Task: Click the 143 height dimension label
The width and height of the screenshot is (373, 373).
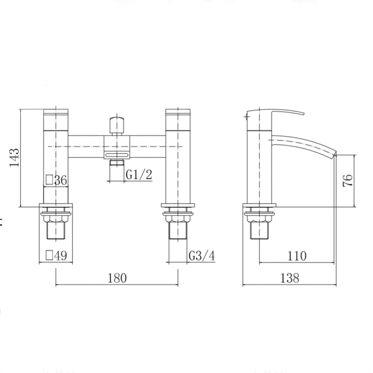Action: pyautogui.click(x=14, y=158)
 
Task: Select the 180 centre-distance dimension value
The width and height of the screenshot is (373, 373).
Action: pyautogui.click(x=117, y=278)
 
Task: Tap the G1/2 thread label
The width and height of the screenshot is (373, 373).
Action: pyautogui.click(x=139, y=174)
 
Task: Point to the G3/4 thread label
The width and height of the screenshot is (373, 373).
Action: pyautogui.click(x=201, y=256)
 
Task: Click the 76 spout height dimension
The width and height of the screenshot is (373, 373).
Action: pyautogui.click(x=347, y=181)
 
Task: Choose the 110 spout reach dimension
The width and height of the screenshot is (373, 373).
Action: pyautogui.click(x=297, y=256)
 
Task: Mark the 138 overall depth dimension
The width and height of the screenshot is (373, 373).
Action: pyautogui.click(x=290, y=278)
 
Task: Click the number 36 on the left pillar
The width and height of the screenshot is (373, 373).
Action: pyautogui.click(x=60, y=181)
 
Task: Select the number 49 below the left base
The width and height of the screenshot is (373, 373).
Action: pyautogui.click(x=60, y=256)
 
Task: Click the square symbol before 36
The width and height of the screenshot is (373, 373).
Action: pyautogui.click(x=49, y=180)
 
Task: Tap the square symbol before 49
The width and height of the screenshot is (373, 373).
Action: pyautogui.click(x=49, y=255)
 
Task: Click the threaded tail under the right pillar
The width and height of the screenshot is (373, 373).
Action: pyautogui.click(x=178, y=230)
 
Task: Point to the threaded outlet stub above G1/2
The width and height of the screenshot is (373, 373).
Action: pyautogui.click(x=117, y=163)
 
